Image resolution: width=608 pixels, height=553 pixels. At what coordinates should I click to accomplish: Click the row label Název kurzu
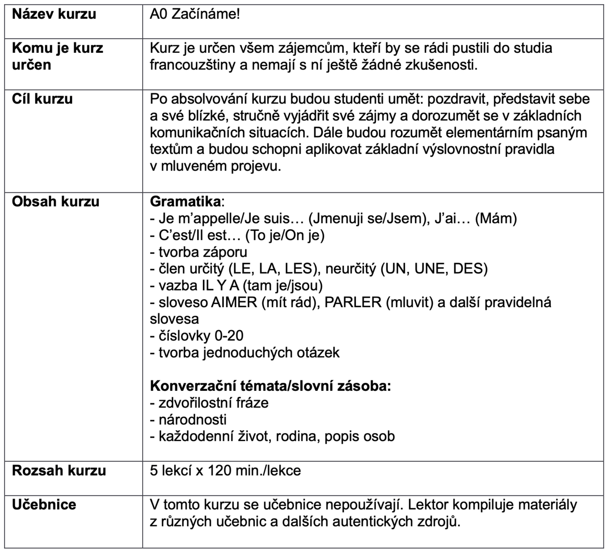coord(54,14)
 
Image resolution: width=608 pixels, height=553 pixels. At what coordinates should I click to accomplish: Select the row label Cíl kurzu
coord(42,99)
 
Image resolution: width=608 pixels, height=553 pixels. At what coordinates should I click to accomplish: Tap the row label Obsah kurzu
coord(55,201)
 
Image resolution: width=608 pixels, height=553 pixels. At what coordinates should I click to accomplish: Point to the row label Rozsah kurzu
coord(59,471)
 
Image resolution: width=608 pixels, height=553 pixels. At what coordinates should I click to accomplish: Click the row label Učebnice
coord(44,505)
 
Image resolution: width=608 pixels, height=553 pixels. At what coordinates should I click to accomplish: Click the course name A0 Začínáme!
coord(195,14)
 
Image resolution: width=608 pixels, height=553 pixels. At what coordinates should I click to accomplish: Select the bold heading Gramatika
coord(185,201)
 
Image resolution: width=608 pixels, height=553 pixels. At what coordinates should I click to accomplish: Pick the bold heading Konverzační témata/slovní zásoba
coord(270,386)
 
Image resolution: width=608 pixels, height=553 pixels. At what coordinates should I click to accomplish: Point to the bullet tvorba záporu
coord(203,252)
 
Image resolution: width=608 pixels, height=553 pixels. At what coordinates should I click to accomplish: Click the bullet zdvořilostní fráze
coord(213,403)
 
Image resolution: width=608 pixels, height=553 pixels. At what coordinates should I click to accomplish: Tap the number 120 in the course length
coord(219,471)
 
